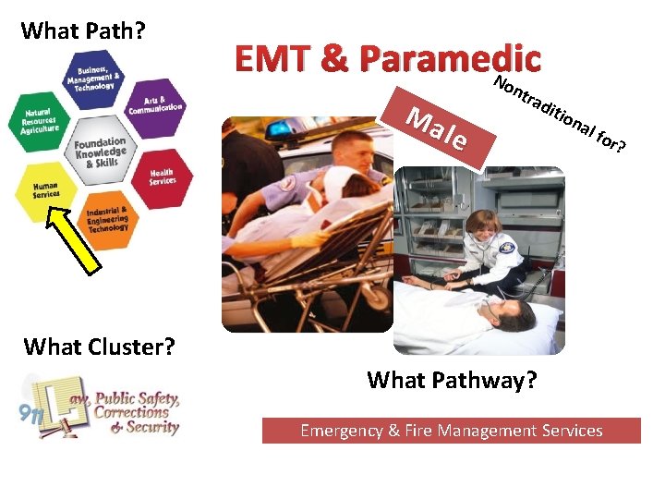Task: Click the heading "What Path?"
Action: pos(83,30)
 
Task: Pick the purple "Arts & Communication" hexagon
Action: pos(155,103)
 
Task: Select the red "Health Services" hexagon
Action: pos(163,175)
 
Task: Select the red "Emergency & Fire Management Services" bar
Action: pos(451,431)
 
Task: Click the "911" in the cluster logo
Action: pos(30,412)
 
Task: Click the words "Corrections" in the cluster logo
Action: pos(133,413)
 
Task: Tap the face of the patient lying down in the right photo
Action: pos(509,315)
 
